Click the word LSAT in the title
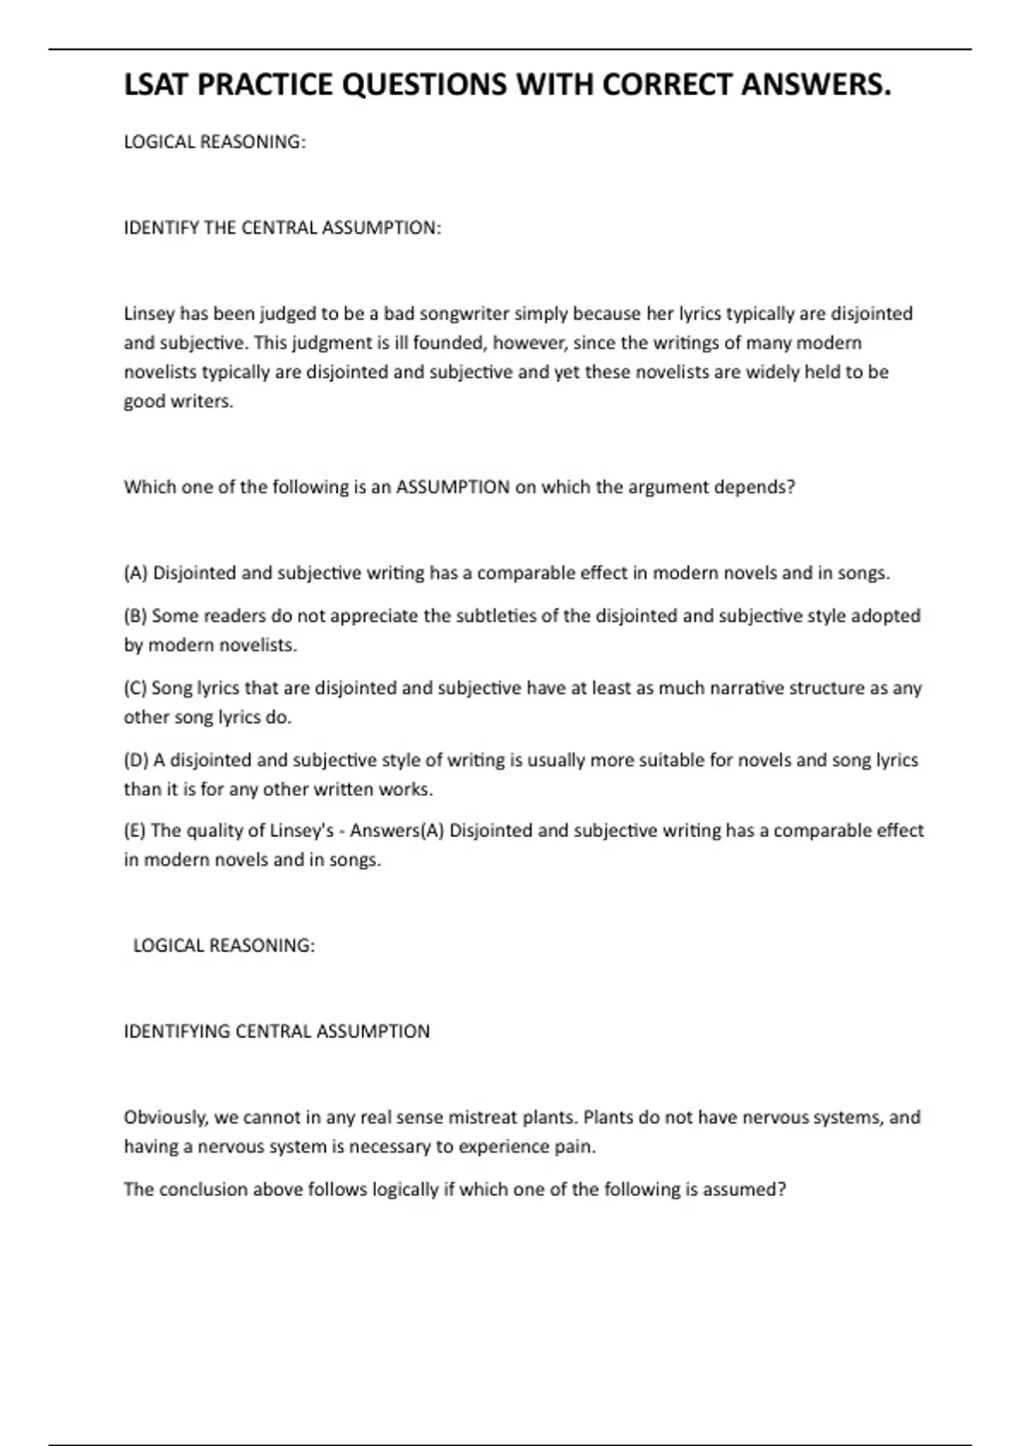click(x=157, y=85)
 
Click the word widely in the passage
click(x=777, y=372)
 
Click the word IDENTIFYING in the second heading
click(x=177, y=1032)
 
